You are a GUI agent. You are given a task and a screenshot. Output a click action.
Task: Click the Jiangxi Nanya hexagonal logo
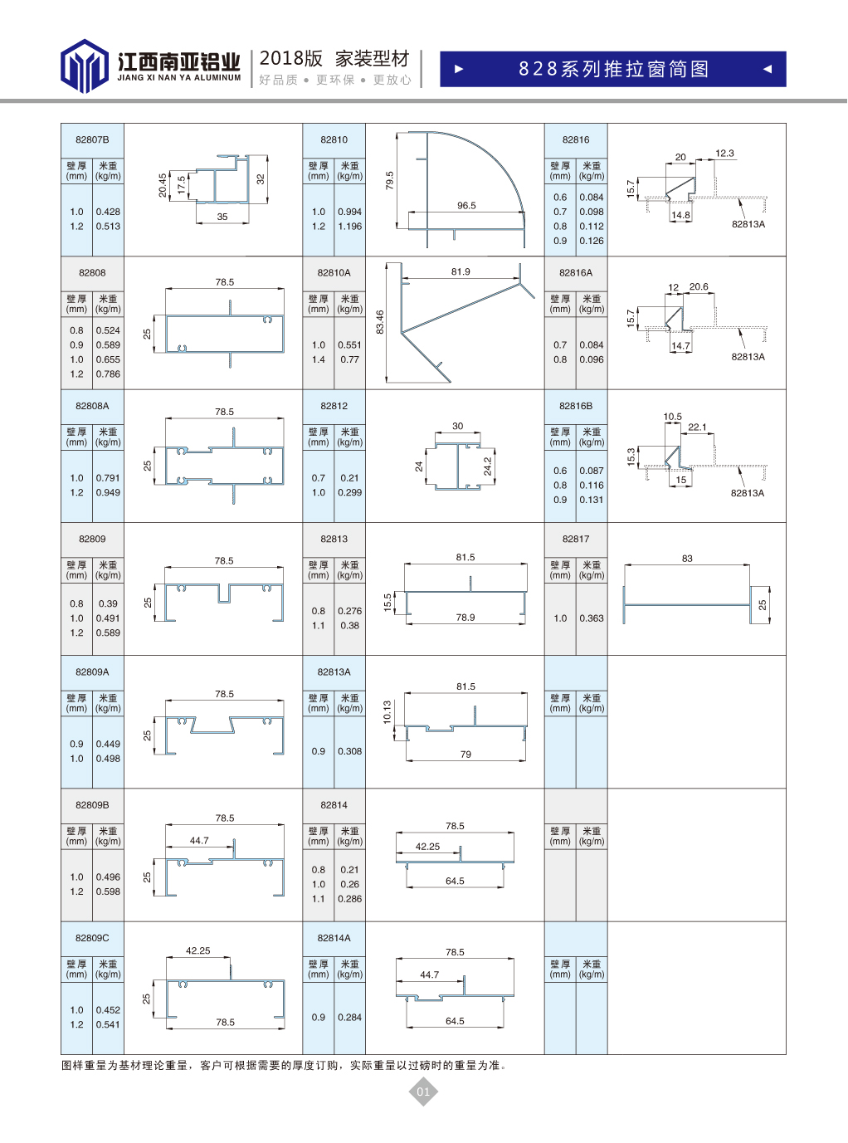coord(85,66)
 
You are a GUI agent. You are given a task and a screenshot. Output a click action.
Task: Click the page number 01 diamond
coord(423,1091)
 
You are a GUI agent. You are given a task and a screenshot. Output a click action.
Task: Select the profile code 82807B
coord(92,139)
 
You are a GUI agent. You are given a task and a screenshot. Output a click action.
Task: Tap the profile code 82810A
coord(334,272)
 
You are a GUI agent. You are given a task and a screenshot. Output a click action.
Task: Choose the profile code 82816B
coord(576,406)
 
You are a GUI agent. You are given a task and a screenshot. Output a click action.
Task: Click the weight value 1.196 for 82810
coord(350,227)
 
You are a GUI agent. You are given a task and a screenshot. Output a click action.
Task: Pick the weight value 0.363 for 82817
coord(592,618)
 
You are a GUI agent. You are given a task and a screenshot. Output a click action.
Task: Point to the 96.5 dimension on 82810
coord(466,206)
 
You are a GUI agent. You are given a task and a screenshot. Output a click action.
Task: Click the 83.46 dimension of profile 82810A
coord(380,322)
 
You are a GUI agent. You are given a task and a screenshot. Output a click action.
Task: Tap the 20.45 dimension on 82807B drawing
coord(163,185)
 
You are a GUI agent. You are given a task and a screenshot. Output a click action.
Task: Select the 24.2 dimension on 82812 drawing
coord(487,466)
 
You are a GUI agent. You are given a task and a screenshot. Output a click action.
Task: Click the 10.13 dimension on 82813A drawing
coord(387,711)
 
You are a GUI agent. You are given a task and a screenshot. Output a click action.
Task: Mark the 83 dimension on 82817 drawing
coord(687,559)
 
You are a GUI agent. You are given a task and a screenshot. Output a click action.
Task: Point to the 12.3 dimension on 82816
coord(724,153)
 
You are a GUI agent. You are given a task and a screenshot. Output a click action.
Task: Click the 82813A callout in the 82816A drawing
coord(748,357)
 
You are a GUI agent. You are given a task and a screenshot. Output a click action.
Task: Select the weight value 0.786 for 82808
coord(108,374)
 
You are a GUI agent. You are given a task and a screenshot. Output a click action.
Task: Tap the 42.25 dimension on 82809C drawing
coord(197,950)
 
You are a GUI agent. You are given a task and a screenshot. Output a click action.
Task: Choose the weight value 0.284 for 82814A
coord(350,1018)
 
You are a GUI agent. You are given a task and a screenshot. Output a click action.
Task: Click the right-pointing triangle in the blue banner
coord(459,69)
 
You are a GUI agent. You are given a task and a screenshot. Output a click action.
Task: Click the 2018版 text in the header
coord(291,58)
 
